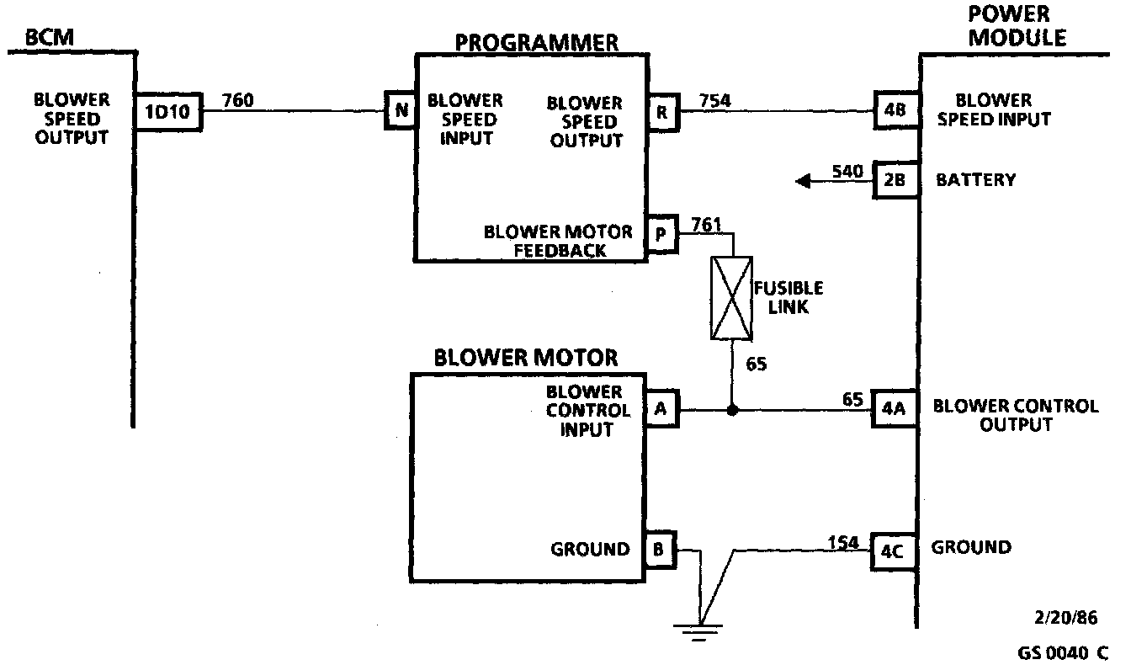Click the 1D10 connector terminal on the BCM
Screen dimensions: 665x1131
pos(168,112)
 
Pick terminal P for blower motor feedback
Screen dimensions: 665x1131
pos(661,235)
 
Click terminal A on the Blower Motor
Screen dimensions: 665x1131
pos(661,410)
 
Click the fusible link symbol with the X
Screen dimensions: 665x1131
pos(732,299)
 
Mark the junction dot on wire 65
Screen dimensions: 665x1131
pos(732,411)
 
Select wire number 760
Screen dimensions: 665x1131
pos(237,101)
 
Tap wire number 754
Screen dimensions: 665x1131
pos(714,101)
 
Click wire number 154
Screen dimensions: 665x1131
pos(843,543)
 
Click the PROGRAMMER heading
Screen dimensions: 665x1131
pos(537,41)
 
